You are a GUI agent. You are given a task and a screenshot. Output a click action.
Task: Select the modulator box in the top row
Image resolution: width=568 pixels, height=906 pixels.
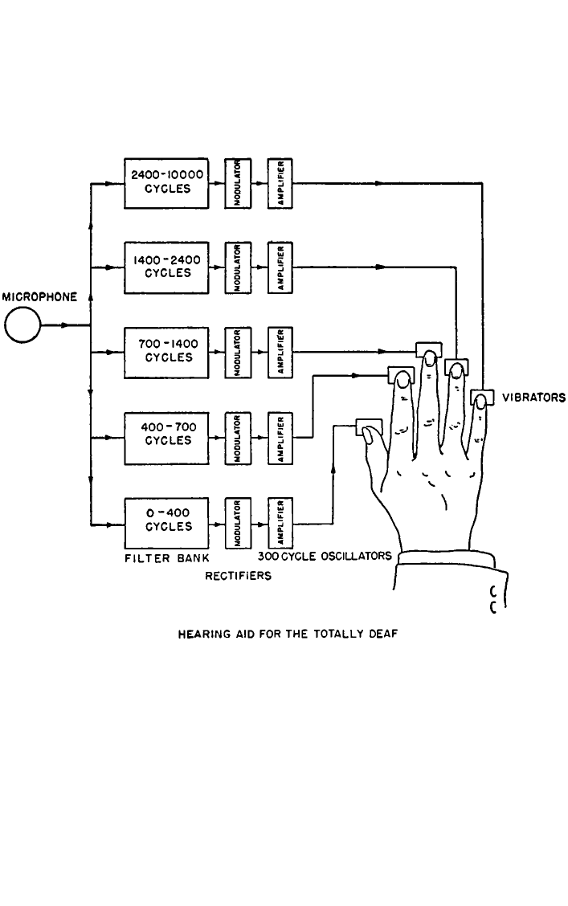click(x=238, y=183)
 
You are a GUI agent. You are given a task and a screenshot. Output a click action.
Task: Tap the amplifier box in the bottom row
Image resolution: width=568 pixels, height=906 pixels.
click(x=280, y=524)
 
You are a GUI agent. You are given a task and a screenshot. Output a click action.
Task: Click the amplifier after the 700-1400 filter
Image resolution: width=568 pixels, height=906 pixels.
click(x=280, y=353)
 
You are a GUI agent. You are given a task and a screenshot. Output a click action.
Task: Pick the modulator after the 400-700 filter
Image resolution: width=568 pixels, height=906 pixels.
click(x=238, y=438)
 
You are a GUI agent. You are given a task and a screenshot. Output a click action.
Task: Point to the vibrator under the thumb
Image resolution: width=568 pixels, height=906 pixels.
click(x=369, y=427)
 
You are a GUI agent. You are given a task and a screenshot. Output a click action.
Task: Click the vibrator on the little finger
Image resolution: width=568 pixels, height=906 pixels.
click(x=482, y=398)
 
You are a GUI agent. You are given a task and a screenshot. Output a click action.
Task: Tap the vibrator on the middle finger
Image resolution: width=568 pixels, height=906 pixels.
click(x=429, y=350)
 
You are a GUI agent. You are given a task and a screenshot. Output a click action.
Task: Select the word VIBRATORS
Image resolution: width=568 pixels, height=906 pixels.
click(x=533, y=398)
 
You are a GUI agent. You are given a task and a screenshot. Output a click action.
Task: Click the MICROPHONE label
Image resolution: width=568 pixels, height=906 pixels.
click(x=39, y=297)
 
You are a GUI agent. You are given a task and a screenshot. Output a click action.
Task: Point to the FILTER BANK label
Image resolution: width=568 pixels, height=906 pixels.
click(x=167, y=558)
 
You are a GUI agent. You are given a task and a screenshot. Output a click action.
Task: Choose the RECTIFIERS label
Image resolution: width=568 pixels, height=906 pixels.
click(x=238, y=576)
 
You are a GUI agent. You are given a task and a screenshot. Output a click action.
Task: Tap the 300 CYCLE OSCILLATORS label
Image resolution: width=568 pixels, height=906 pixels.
click(x=325, y=556)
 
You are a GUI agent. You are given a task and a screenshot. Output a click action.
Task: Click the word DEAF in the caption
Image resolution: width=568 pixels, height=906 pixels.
click(x=384, y=634)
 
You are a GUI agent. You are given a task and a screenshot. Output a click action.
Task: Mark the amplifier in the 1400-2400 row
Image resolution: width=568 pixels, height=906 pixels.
click(x=280, y=267)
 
